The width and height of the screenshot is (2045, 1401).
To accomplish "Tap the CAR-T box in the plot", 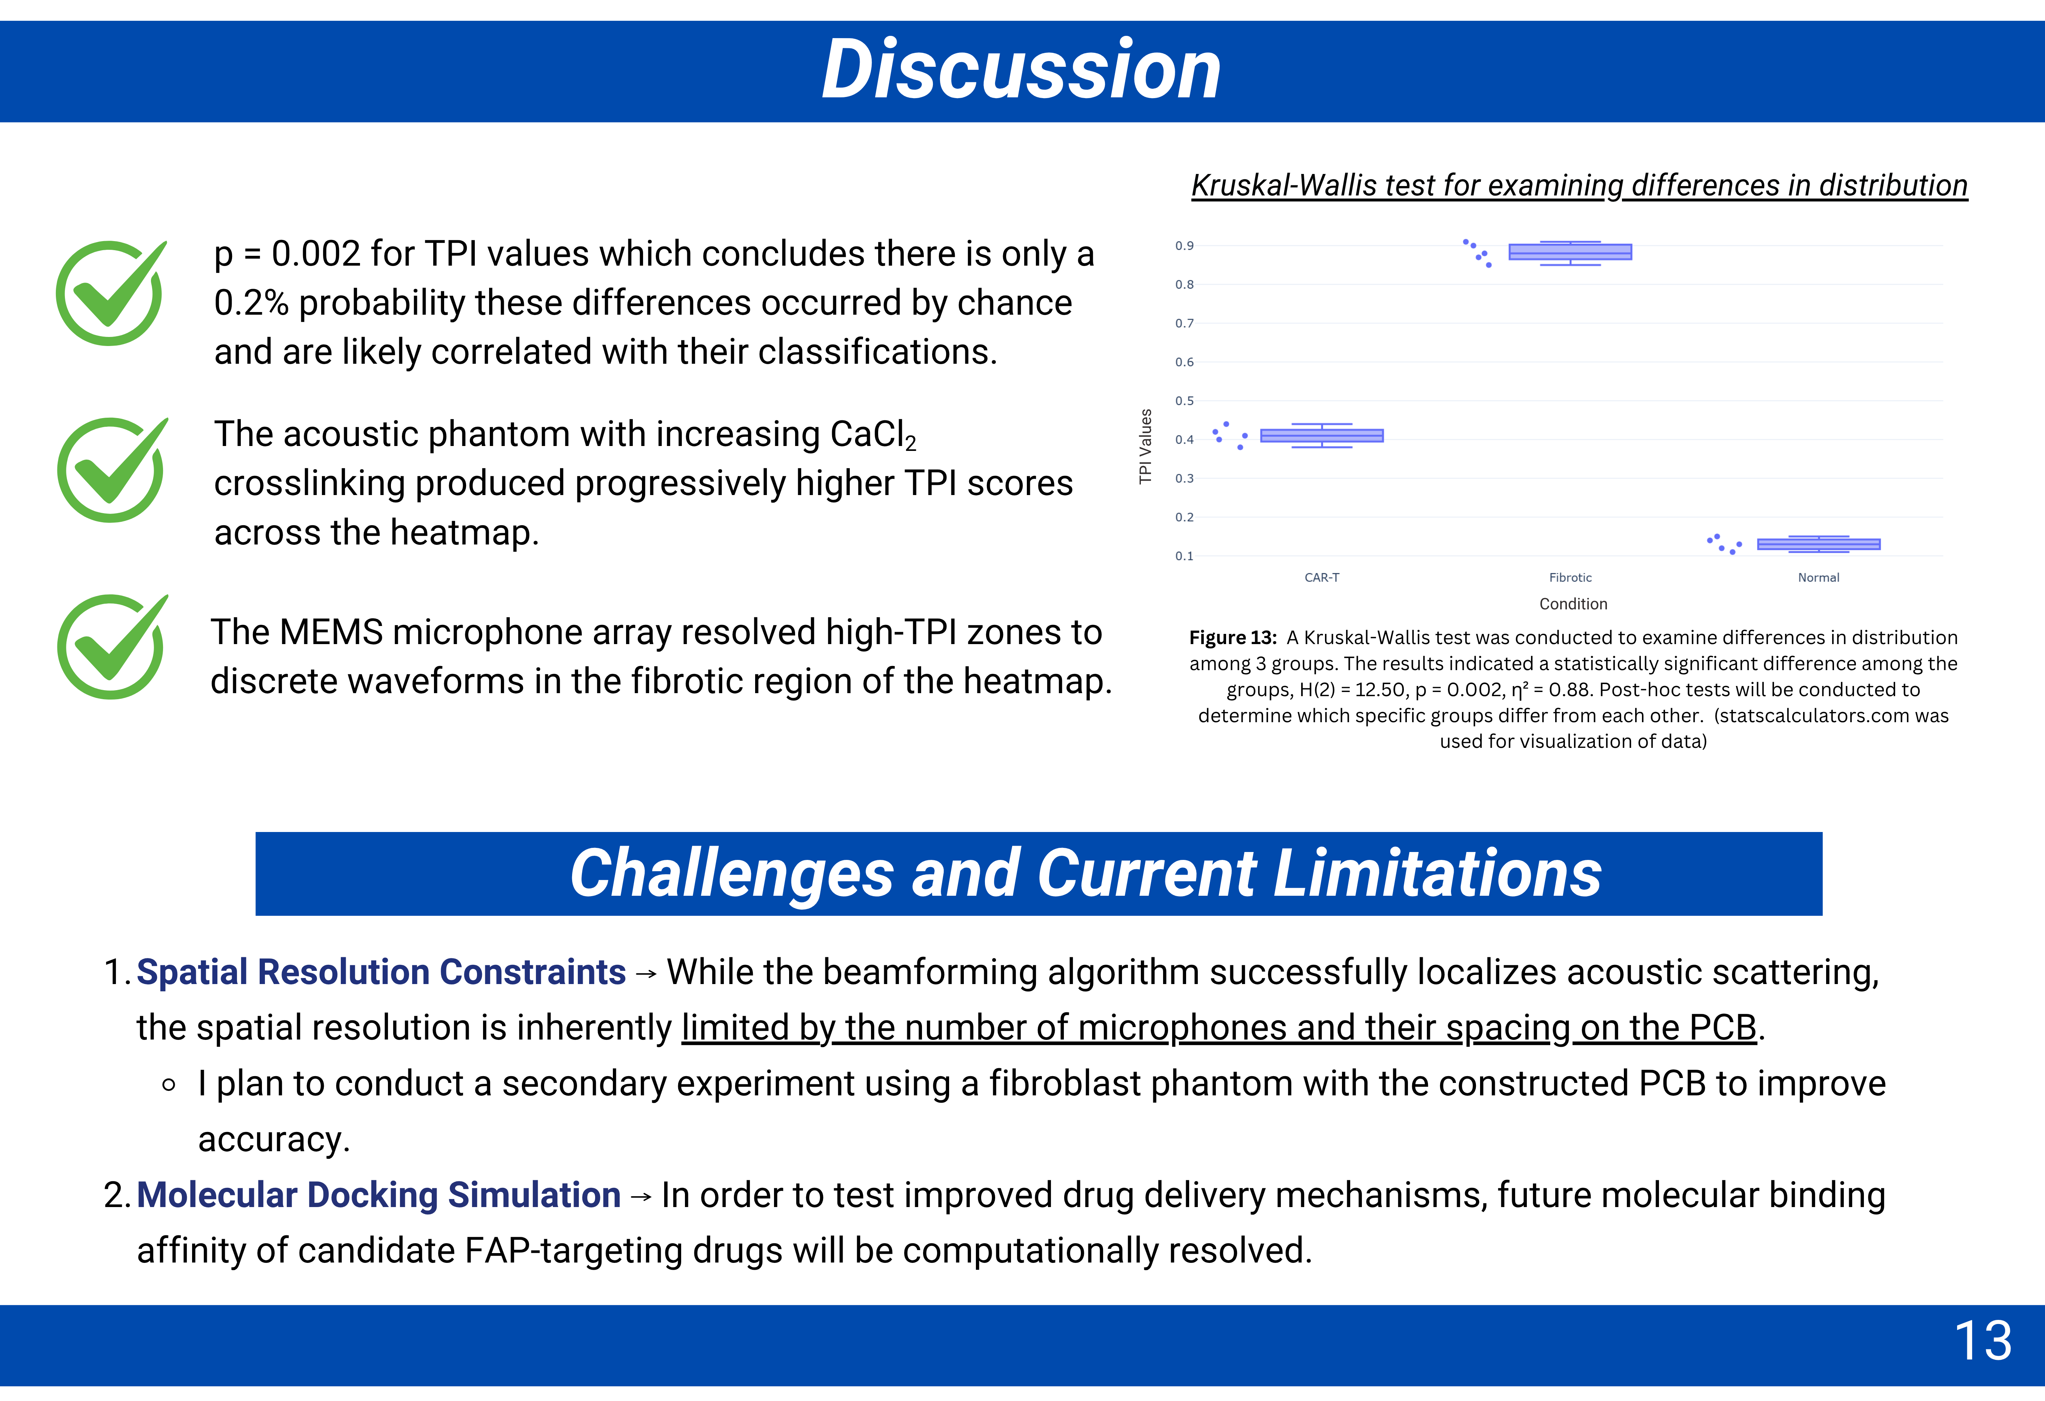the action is tap(1322, 435).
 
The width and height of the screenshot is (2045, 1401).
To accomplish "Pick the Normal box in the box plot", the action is tap(1819, 544).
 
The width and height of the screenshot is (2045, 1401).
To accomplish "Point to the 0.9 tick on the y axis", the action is tap(1185, 246).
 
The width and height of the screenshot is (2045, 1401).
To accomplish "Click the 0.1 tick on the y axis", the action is tap(1185, 556).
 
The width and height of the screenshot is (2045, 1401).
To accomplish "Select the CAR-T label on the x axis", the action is tap(1322, 577).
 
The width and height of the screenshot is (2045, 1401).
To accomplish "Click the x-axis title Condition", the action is tap(1573, 604).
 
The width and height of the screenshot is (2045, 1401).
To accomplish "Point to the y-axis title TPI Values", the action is tap(1145, 446).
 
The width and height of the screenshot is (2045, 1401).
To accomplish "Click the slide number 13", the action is tap(1983, 1341).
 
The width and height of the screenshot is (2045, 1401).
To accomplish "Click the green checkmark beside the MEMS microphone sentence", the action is tap(112, 647).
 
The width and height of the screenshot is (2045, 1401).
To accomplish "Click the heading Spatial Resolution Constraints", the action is tap(381, 972).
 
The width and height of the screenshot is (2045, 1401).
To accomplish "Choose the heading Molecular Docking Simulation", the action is tap(379, 1195).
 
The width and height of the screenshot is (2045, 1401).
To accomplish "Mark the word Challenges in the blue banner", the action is tap(732, 874).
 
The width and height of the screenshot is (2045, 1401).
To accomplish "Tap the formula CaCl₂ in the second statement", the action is tap(873, 435).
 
